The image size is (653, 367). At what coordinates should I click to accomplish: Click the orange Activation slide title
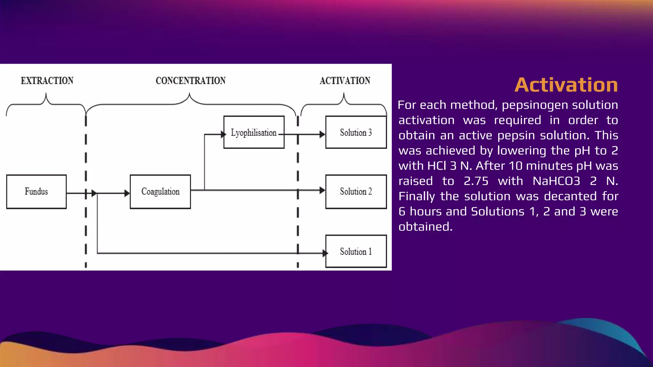pos(566,85)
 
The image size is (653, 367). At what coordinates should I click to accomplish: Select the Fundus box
pos(36,191)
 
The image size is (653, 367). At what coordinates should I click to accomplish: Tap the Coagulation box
pos(160,191)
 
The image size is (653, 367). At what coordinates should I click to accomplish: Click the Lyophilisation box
pos(254,132)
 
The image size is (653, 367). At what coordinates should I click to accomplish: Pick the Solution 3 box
pos(356,132)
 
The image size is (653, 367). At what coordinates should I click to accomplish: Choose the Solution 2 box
pos(356,191)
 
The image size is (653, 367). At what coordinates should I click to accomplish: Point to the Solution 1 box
pos(356,251)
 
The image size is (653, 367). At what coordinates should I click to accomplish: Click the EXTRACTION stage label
pos(47,81)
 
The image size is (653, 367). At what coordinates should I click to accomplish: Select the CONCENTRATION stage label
pos(191,81)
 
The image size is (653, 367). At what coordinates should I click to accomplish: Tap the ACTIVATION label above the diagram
pos(345,81)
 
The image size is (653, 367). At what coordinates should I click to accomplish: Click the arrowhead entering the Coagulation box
pos(127,193)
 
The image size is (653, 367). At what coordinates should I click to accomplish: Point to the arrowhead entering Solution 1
pos(325,253)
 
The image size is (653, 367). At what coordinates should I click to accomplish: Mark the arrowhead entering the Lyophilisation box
pos(223,134)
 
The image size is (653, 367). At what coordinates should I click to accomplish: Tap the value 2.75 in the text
pos(476,181)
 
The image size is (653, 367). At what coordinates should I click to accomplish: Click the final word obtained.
pos(425,227)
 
